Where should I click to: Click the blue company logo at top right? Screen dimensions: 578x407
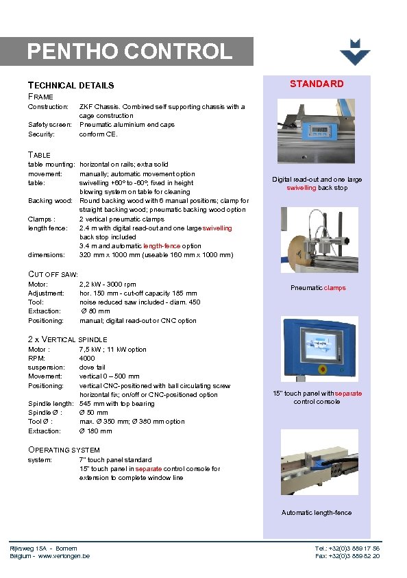pyautogui.click(x=355, y=52)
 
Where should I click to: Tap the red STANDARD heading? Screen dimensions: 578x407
pyautogui.click(x=317, y=84)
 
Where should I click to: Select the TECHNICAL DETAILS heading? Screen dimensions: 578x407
pyautogui.click(x=71, y=86)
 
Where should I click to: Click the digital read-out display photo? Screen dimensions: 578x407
pyautogui.click(x=317, y=133)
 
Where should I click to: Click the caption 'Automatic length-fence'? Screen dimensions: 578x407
pyautogui.click(x=317, y=513)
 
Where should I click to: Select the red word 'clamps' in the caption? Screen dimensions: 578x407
pyautogui.click(x=335, y=288)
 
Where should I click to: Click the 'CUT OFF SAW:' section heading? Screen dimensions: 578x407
pyautogui.click(x=53, y=274)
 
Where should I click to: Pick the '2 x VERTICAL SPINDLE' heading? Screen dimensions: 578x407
pyautogui.click(x=67, y=339)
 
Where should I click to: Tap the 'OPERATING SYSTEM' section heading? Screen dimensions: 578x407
pyautogui.click(x=64, y=450)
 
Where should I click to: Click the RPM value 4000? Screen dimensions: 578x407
pyautogui.click(x=87, y=359)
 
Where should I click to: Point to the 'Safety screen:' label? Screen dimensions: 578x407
pyautogui.click(x=47, y=125)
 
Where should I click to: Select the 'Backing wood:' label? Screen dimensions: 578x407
pyautogui.click(x=50, y=201)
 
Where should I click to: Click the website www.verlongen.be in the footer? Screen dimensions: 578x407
pyautogui.click(x=64, y=556)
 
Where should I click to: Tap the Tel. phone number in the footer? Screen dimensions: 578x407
pyautogui.click(x=347, y=549)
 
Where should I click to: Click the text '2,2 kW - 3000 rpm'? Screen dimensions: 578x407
pyautogui.click(x=108, y=284)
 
